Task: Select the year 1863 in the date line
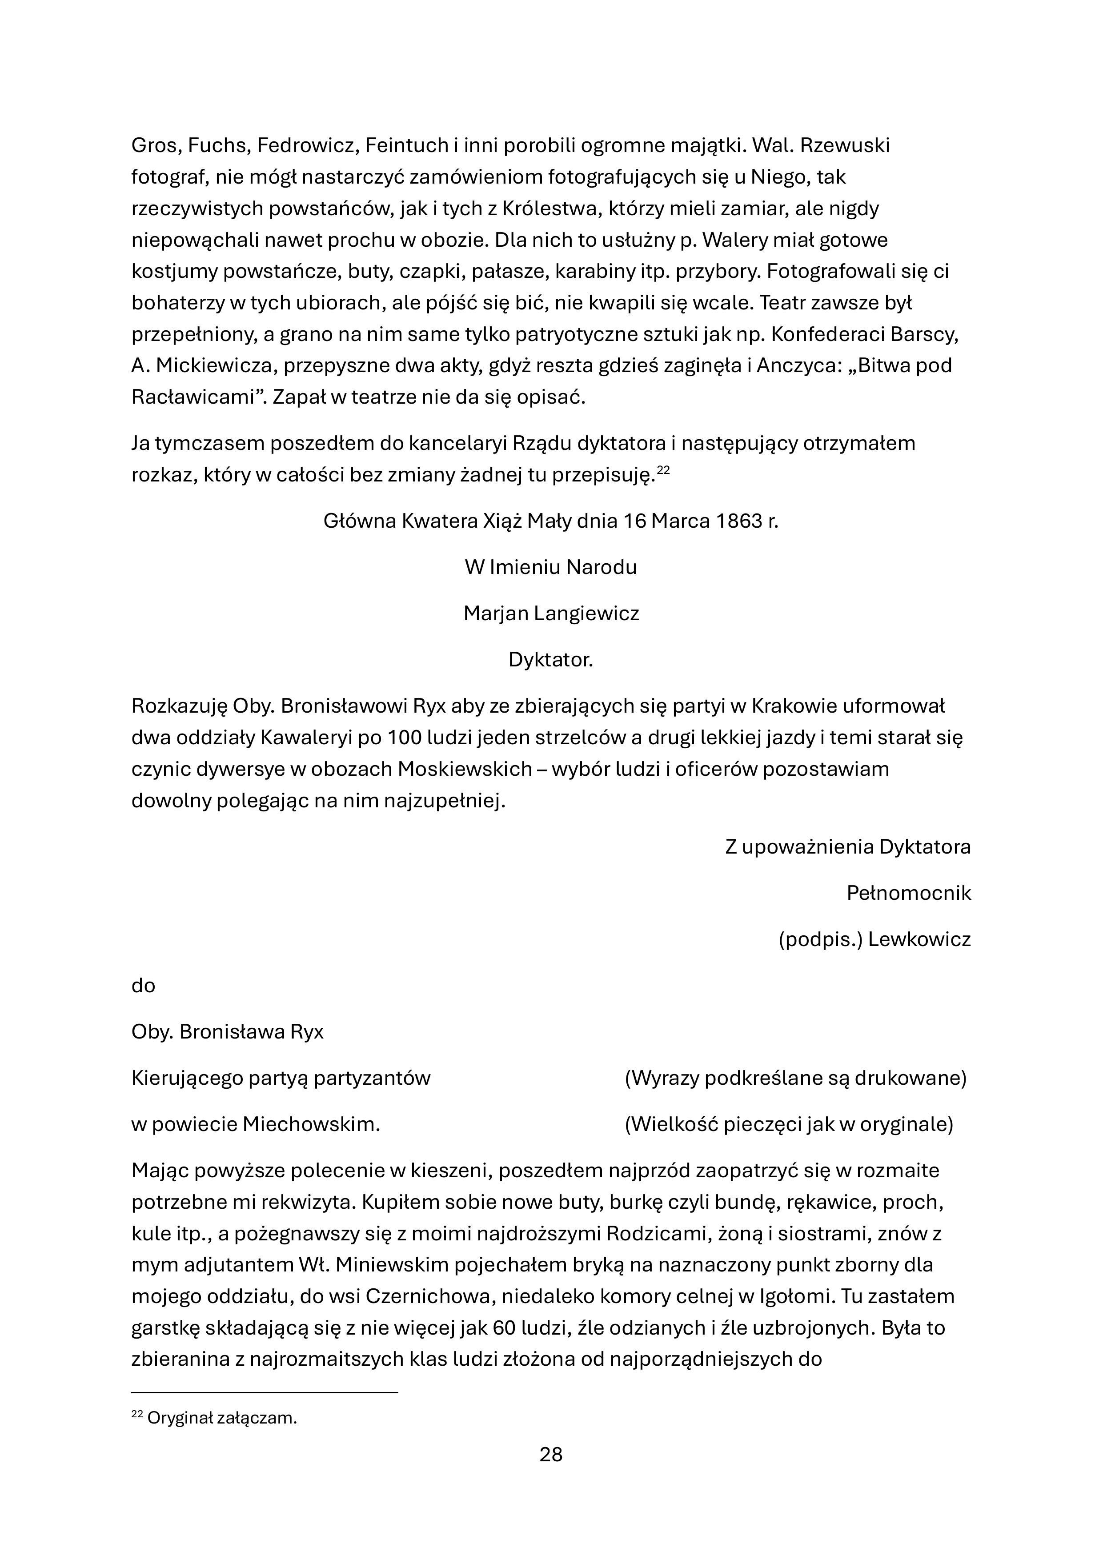tap(739, 521)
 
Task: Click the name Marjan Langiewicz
tap(551, 614)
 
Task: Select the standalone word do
tap(144, 986)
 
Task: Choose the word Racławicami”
tap(197, 397)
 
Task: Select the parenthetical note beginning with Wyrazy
tap(795, 1078)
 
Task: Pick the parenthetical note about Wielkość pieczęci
tap(788, 1124)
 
